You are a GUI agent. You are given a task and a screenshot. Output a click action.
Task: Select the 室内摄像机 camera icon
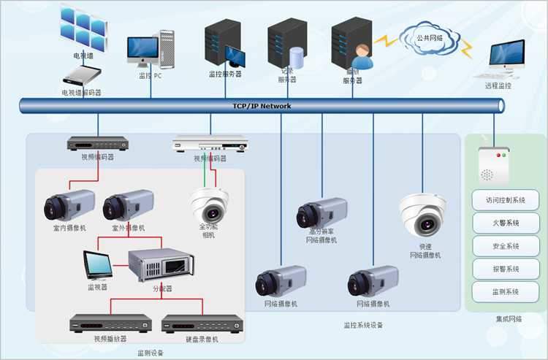(x=69, y=205)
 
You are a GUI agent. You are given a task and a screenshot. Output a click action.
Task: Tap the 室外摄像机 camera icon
(x=128, y=205)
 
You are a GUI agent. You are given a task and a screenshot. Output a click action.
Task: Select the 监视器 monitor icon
(x=97, y=266)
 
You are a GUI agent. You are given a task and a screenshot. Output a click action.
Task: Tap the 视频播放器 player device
(x=110, y=323)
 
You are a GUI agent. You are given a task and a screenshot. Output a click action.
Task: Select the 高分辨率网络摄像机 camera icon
(x=321, y=215)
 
